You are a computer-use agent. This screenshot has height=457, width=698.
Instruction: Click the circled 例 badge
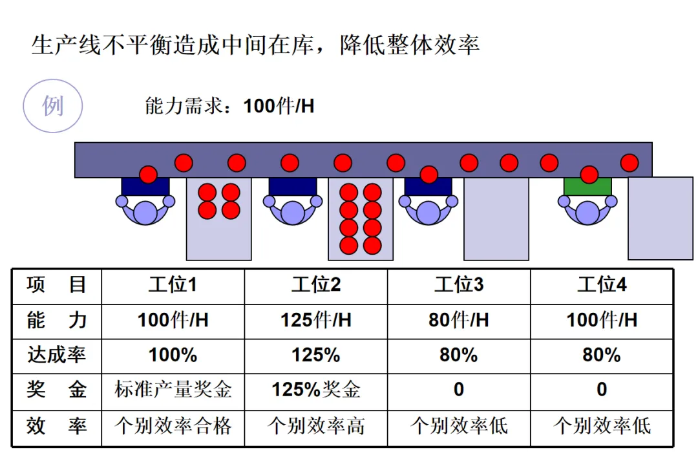point(53,105)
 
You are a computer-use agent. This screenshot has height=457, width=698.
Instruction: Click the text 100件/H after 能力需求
point(279,106)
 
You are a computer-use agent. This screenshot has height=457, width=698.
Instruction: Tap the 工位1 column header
point(173,285)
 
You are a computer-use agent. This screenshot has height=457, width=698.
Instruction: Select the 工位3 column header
point(459,285)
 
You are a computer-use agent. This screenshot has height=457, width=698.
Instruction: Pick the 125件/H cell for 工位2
point(315,320)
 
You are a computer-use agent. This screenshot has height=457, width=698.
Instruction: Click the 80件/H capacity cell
point(459,320)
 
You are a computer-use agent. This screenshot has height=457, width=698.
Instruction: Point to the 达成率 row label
point(57,355)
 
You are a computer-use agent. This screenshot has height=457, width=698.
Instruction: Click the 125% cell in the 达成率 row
point(315,355)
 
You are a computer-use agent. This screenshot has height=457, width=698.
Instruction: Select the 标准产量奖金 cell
point(173,390)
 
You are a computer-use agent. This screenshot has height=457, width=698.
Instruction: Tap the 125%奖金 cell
point(315,390)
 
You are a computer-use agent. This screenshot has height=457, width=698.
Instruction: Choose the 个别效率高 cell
point(315,425)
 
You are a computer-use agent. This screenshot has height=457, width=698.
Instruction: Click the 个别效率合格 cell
point(173,425)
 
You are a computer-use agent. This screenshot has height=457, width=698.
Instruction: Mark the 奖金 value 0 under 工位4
point(602,390)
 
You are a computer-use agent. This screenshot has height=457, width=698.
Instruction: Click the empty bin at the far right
point(660,218)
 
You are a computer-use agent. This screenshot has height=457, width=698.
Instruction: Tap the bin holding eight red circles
point(361,219)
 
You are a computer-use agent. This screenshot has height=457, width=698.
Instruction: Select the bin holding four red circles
point(218,219)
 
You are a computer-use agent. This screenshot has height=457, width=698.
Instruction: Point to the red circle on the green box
point(589,175)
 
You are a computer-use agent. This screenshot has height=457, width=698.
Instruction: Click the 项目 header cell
point(57,285)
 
